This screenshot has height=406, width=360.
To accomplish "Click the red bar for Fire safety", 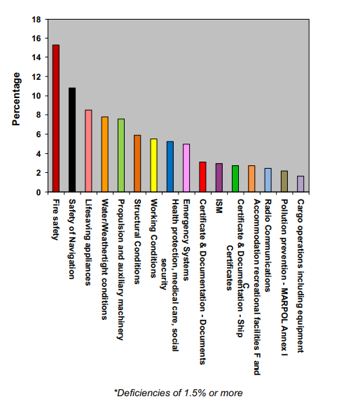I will [55, 118].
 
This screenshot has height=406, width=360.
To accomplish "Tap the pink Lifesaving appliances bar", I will [88, 151].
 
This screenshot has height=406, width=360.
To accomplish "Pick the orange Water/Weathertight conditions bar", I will [105, 154].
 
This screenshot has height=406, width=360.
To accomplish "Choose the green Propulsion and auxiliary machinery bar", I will [121, 155].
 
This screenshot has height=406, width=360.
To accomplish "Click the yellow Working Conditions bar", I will [154, 165].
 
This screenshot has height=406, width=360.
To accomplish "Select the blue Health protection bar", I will [170, 167].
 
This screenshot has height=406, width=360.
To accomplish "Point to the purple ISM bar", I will [219, 178].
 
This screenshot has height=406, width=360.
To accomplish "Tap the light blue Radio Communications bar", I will [268, 180].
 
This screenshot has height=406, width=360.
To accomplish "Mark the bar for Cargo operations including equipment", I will [300, 184].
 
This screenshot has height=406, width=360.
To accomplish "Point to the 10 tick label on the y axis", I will [35, 96].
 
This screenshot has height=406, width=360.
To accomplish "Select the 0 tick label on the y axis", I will [37, 192].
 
